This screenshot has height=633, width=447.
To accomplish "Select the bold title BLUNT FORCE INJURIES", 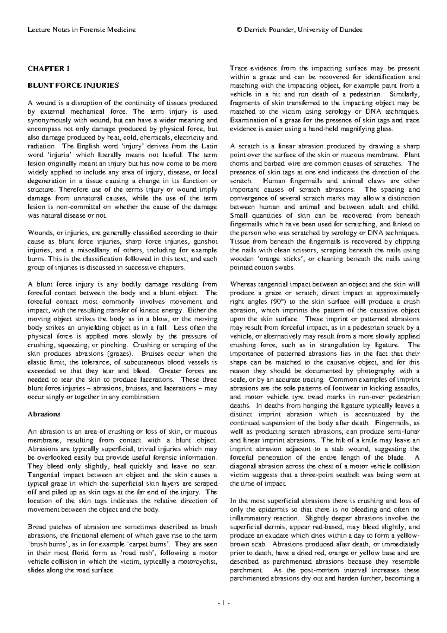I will click(73, 86).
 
